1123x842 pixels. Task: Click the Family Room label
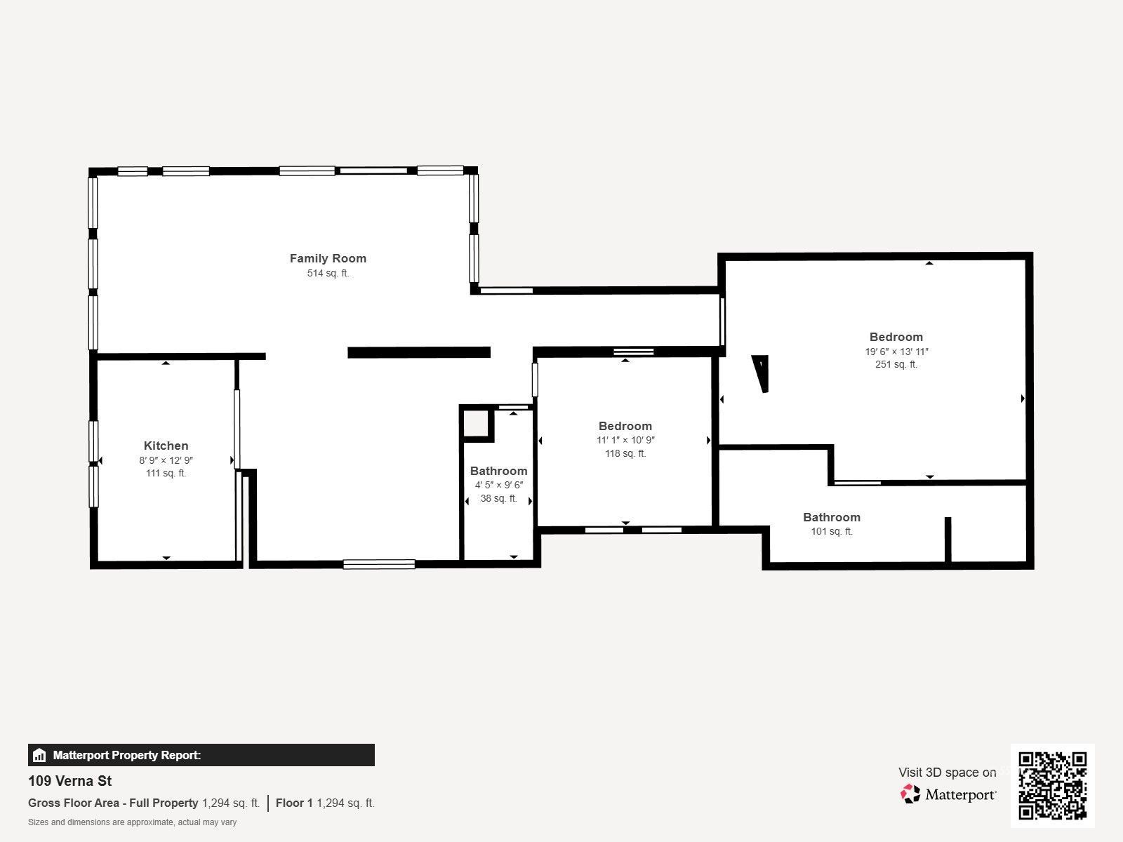click(328, 258)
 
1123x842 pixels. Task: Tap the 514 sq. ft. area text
click(328, 274)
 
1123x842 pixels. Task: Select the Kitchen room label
click(166, 446)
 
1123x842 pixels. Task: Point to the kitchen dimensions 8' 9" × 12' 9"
click(166, 460)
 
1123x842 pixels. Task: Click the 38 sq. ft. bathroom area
click(498, 499)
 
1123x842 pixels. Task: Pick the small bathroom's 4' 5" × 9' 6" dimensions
click(498, 485)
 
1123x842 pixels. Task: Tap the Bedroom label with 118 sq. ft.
click(625, 426)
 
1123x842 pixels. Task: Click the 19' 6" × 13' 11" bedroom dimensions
click(896, 352)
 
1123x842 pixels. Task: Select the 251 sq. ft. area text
click(896, 365)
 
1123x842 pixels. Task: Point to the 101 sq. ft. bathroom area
click(832, 532)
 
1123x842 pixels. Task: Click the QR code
click(1052, 785)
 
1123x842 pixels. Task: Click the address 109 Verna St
click(70, 781)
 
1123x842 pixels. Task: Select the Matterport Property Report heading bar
click(201, 755)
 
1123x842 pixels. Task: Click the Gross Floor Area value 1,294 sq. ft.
click(231, 803)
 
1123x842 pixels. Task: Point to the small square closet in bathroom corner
click(477, 423)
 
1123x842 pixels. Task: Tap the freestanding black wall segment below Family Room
click(419, 352)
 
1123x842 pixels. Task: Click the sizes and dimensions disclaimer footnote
click(133, 822)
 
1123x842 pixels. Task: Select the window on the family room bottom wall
click(379, 563)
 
